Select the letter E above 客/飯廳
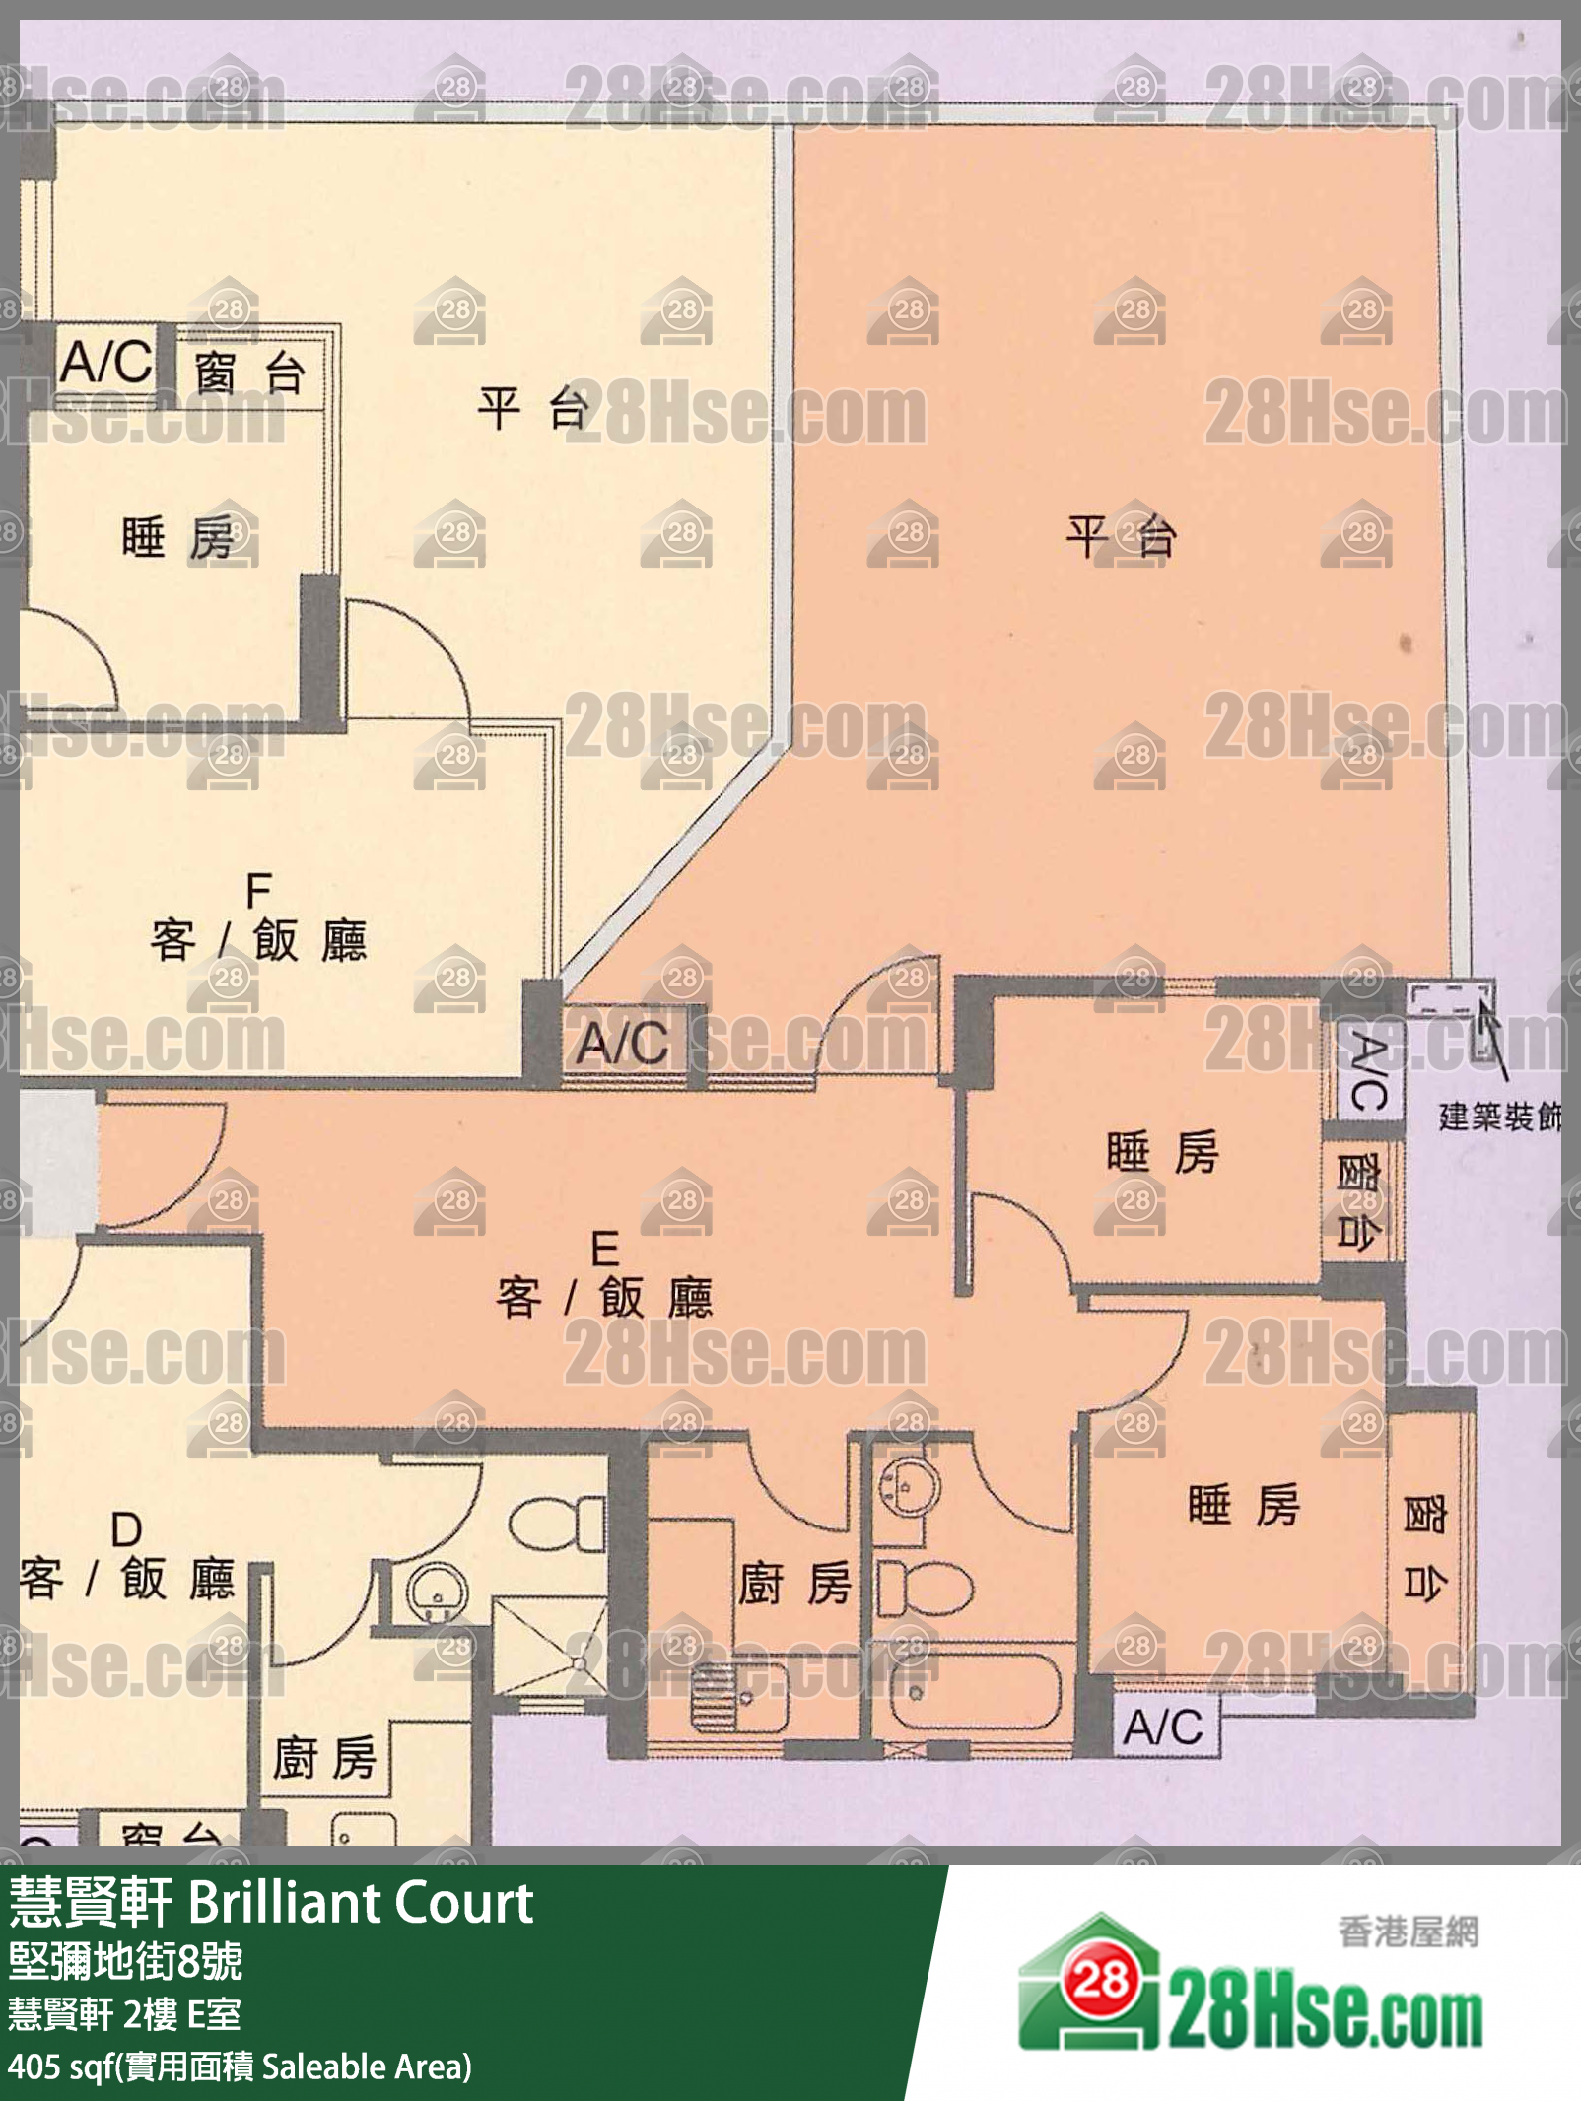click(x=604, y=1250)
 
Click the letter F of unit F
click(x=258, y=891)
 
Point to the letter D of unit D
click(x=126, y=1530)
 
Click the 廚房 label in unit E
click(x=794, y=1585)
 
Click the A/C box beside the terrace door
click(x=624, y=1043)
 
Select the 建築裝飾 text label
click(x=1499, y=1117)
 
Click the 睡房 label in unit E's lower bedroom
click(x=1244, y=1505)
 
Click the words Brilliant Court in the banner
click(x=360, y=1902)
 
